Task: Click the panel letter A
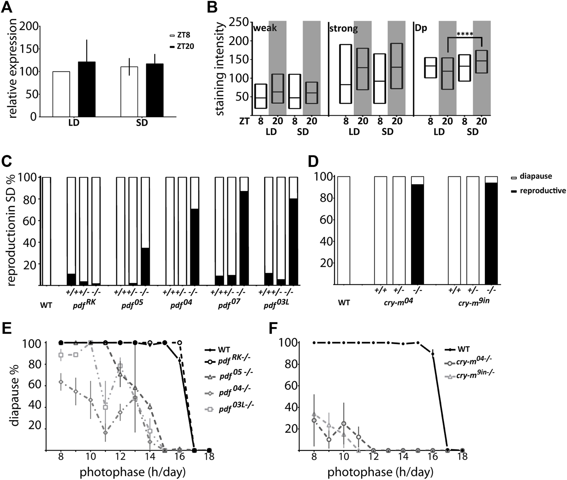tap(9, 7)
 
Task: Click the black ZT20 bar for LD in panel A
tap(86, 89)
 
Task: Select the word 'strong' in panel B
tap(343, 29)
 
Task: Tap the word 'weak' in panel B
tap(265, 29)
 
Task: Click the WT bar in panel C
tap(47, 231)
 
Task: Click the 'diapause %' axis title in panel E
tap(15, 396)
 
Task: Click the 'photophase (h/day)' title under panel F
tap(380, 473)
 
